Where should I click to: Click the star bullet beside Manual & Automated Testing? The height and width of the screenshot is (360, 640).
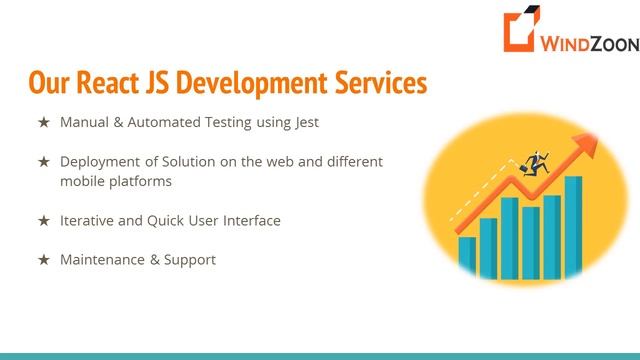43,123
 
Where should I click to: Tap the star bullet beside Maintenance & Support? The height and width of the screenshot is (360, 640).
43,259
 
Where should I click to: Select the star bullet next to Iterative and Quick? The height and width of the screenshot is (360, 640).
43,220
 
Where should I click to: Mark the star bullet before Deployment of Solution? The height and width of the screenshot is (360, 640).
43,161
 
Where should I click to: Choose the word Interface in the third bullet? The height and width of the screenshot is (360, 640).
251,220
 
